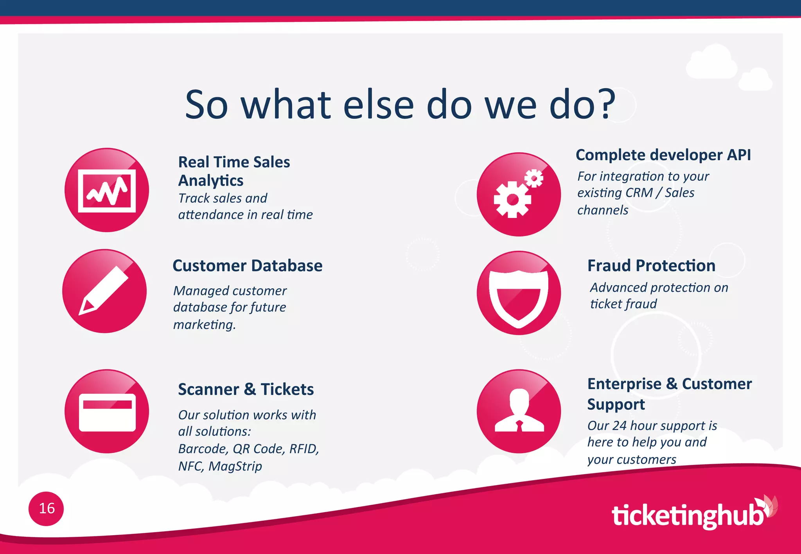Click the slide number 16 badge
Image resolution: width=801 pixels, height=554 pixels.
point(46,509)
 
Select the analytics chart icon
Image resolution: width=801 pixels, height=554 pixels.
point(107,190)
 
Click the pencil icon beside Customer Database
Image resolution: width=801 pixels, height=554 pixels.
point(104,291)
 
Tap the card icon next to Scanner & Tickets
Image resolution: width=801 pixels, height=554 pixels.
point(107,412)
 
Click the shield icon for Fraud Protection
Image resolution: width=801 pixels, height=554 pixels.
point(519,293)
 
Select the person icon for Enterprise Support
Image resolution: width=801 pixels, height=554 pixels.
point(519,411)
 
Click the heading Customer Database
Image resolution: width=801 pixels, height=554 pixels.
point(247,266)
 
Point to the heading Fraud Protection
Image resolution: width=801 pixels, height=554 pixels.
point(651,266)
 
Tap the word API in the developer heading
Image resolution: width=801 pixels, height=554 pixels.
point(739,155)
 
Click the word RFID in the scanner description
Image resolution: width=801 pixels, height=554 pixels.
point(304,449)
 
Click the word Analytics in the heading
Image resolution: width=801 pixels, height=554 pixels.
point(211,180)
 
